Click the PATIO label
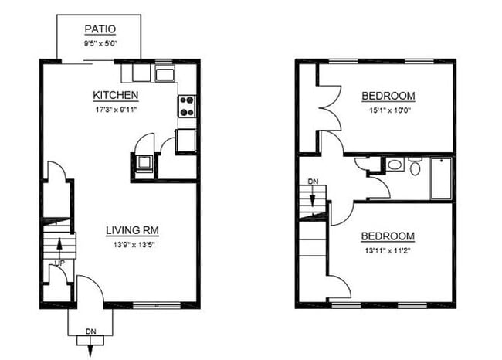[x=100, y=29]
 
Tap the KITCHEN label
[x=116, y=95]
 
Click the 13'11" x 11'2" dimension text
[x=388, y=250]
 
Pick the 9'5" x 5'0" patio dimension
[x=100, y=43]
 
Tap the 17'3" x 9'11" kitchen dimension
[x=116, y=109]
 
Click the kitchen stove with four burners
[x=187, y=106]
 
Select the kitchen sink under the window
[x=165, y=74]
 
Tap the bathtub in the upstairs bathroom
[x=440, y=178]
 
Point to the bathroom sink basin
[x=394, y=165]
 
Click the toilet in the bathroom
[x=415, y=167]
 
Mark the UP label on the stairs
[x=59, y=263]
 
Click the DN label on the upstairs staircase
[x=313, y=182]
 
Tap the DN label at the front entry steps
[x=90, y=331]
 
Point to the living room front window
[x=156, y=306]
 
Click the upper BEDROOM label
[x=388, y=96]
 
